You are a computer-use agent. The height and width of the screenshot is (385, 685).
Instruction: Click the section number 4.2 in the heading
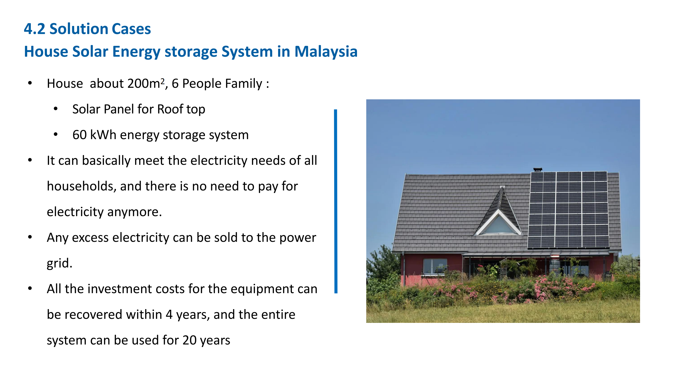[34, 29]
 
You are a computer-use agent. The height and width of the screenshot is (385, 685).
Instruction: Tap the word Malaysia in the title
[326, 52]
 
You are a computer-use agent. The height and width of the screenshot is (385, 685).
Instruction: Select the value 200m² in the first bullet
[146, 83]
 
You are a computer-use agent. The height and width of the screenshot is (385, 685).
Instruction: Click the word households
[81, 186]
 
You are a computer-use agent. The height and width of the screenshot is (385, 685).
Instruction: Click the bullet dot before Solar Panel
[55, 109]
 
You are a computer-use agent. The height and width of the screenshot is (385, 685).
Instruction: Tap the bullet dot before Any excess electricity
[30, 237]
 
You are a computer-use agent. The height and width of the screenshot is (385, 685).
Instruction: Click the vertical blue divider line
[336, 201]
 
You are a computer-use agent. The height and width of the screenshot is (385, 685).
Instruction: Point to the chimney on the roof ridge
[538, 169]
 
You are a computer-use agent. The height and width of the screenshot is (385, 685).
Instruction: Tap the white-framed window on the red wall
[435, 266]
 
